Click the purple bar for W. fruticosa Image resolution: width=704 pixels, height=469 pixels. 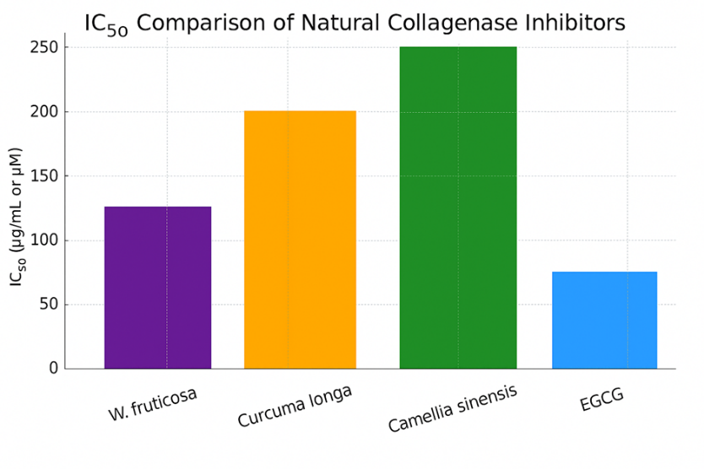pyautogui.click(x=158, y=288)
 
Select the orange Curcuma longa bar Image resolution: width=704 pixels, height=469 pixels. pyautogui.click(x=300, y=240)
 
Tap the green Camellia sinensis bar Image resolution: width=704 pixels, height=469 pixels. pyautogui.click(x=458, y=208)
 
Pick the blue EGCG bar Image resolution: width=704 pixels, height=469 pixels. pyautogui.click(x=604, y=320)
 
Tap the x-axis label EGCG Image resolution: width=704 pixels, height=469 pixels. pyautogui.click(x=602, y=401)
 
